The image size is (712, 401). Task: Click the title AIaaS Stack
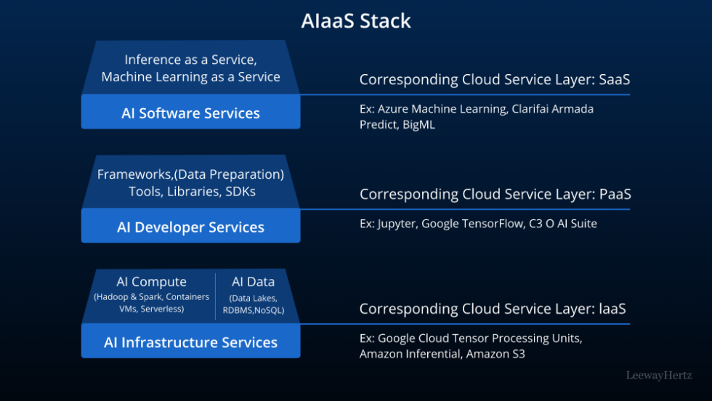[356, 21]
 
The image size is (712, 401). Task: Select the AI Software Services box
[190, 113]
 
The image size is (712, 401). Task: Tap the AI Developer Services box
[190, 227]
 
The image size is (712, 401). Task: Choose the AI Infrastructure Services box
[190, 342]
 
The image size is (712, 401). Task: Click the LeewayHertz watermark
[659, 376]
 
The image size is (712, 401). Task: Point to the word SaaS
[615, 79]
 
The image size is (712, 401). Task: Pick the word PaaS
[615, 194]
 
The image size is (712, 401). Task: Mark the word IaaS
[612, 309]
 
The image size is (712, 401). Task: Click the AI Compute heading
[151, 282]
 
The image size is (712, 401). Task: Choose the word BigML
[419, 124]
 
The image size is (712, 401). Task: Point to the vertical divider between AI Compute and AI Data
[215, 296]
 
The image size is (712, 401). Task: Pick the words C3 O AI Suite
[563, 224]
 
